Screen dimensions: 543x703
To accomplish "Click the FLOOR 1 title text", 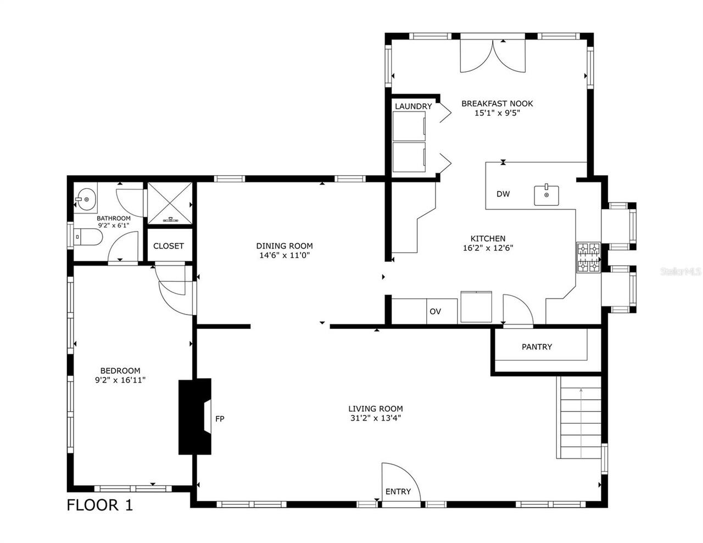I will (99, 505).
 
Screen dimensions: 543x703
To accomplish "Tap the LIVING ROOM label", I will (375, 408).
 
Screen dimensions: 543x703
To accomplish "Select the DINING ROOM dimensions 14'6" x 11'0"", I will (284, 255).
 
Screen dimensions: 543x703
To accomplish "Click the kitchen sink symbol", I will (546, 195).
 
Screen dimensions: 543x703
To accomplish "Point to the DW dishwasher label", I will (503, 194).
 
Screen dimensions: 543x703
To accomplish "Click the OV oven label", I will (435, 311).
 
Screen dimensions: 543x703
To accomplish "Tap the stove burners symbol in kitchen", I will (588, 257).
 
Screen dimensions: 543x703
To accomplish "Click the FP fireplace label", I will (220, 419).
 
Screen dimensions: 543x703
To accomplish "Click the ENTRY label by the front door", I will (398, 491).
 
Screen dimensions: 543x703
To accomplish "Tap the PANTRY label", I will (537, 346).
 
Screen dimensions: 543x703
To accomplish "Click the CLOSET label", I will (168, 246).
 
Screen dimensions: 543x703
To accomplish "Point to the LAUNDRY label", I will (413, 106).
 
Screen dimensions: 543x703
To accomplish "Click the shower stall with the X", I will (169, 203).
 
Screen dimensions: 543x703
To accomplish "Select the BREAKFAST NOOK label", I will (496, 103).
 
